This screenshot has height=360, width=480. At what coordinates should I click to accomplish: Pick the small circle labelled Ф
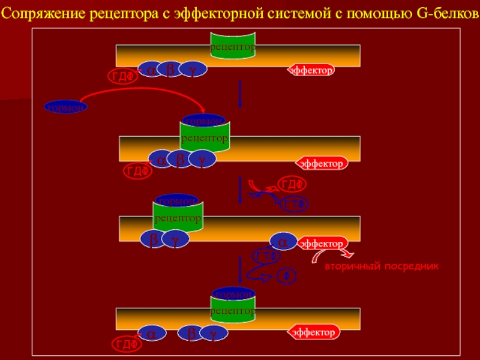click(286, 276)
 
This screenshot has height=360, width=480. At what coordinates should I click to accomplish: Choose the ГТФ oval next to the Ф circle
click(267, 256)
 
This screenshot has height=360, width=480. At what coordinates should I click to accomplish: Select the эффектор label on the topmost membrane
click(311, 70)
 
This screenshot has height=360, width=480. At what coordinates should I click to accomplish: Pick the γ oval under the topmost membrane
click(193, 70)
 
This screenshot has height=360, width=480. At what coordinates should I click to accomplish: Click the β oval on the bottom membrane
click(191, 334)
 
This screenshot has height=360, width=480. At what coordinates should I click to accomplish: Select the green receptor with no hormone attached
click(232, 46)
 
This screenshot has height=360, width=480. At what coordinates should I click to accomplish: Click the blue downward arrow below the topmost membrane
click(240, 93)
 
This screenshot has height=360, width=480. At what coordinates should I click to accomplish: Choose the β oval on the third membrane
click(154, 239)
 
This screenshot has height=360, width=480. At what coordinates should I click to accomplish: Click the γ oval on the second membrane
click(202, 159)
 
